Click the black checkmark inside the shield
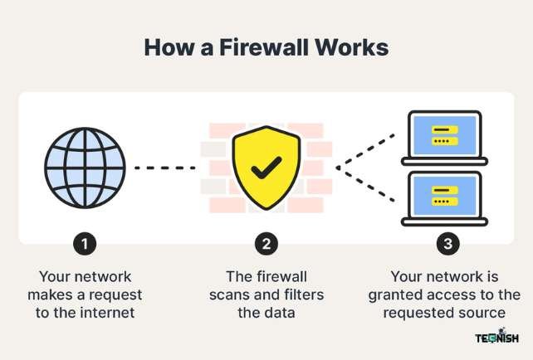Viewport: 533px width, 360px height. tap(266, 168)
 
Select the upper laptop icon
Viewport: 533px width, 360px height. tap(444, 138)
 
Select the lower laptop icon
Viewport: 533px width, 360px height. tap(444, 198)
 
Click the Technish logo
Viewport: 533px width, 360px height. tap(496, 337)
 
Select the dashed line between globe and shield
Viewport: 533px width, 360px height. tap(164, 168)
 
